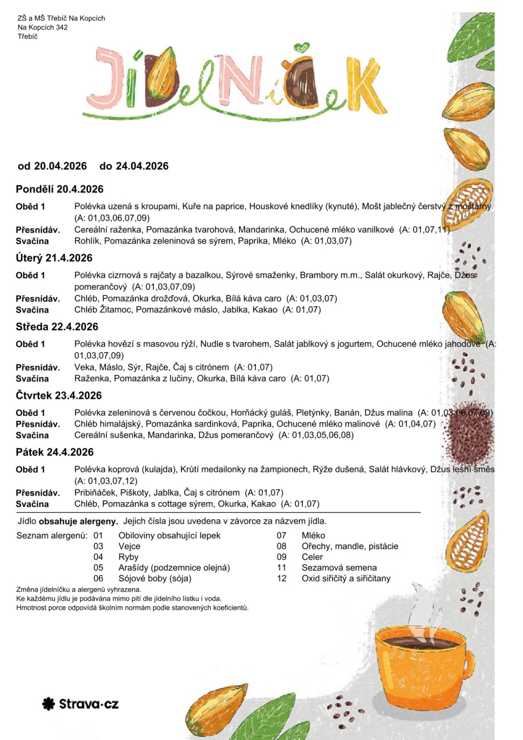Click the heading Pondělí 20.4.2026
(59, 189)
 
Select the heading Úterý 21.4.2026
(54, 258)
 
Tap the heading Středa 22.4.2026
(57, 327)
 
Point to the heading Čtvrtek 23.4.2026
(58, 395)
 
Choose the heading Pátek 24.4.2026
(54, 452)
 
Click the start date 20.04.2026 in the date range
(60, 166)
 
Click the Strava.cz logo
(80, 704)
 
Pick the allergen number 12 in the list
(281, 578)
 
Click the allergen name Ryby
(129, 557)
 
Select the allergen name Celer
(312, 557)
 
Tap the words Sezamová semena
(339, 568)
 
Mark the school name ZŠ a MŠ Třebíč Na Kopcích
(61, 18)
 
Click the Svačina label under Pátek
(32, 504)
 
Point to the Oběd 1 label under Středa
(30, 344)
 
